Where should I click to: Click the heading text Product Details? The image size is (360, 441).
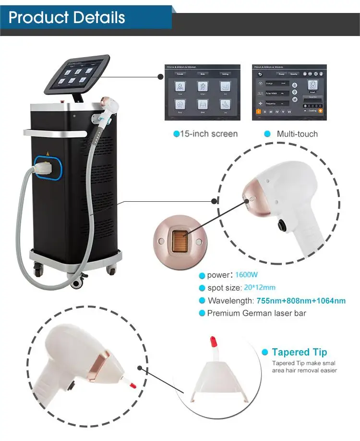click(67, 17)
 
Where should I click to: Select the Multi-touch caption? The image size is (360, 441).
click(297, 134)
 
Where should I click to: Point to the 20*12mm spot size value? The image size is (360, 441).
click(259, 288)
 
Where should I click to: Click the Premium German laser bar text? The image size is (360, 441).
click(256, 313)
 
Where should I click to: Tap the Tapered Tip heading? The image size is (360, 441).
click(300, 353)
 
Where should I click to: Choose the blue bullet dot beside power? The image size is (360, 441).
click(202, 276)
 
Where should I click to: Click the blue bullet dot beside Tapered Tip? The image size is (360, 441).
click(264, 353)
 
